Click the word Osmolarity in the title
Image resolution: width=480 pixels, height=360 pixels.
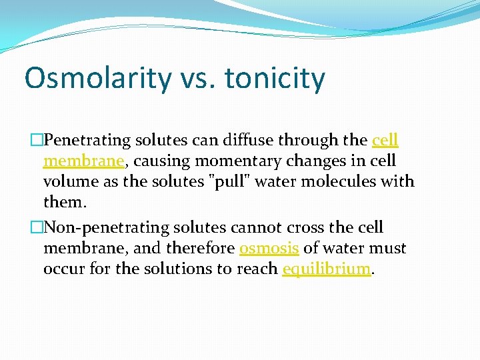point(98,79)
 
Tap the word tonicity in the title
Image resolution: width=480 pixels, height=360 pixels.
point(275,79)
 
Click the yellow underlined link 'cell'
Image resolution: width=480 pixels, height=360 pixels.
point(385,140)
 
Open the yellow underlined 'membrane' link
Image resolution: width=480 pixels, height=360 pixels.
point(83,161)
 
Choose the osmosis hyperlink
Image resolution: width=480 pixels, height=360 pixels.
point(269,249)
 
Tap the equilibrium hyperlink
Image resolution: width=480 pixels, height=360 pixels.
point(326,269)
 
